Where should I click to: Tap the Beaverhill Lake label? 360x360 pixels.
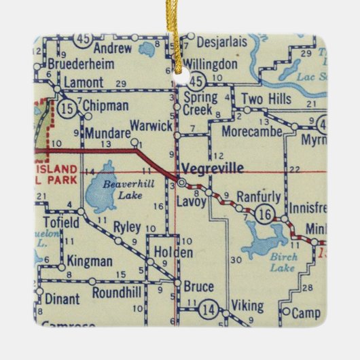click(111, 188)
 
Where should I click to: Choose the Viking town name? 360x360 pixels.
click(247, 304)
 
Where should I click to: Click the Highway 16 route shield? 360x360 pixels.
click(266, 215)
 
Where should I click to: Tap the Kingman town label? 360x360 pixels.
click(90, 261)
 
